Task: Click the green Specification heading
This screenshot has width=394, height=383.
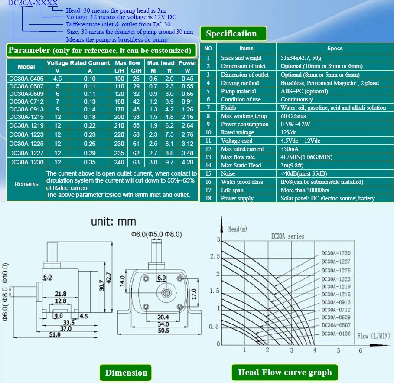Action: coord(231,34)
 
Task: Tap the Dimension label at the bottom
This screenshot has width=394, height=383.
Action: coord(126,373)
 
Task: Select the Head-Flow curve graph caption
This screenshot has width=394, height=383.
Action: coord(285,372)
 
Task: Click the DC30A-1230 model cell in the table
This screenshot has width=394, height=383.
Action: coord(26,162)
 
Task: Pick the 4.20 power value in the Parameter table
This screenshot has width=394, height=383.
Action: coord(188,162)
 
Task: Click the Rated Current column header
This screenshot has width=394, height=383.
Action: coord(90,63)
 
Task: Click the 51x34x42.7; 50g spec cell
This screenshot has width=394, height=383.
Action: coord(303,58)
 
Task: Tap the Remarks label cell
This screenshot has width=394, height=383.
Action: coord(26,184)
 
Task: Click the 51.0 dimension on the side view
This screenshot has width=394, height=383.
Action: coord(55,334)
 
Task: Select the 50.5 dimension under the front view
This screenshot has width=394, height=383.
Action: coord(163,331)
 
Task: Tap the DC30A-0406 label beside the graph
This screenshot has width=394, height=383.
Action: coord(336,333)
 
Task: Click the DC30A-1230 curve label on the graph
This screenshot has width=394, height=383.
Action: coord(336,253)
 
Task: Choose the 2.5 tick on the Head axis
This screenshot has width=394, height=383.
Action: coord(214,257)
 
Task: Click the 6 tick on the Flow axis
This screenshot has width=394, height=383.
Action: coord(360,350)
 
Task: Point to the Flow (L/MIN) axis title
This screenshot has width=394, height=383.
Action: coord(374,336)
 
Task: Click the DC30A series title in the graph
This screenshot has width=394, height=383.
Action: coord(287,236)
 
